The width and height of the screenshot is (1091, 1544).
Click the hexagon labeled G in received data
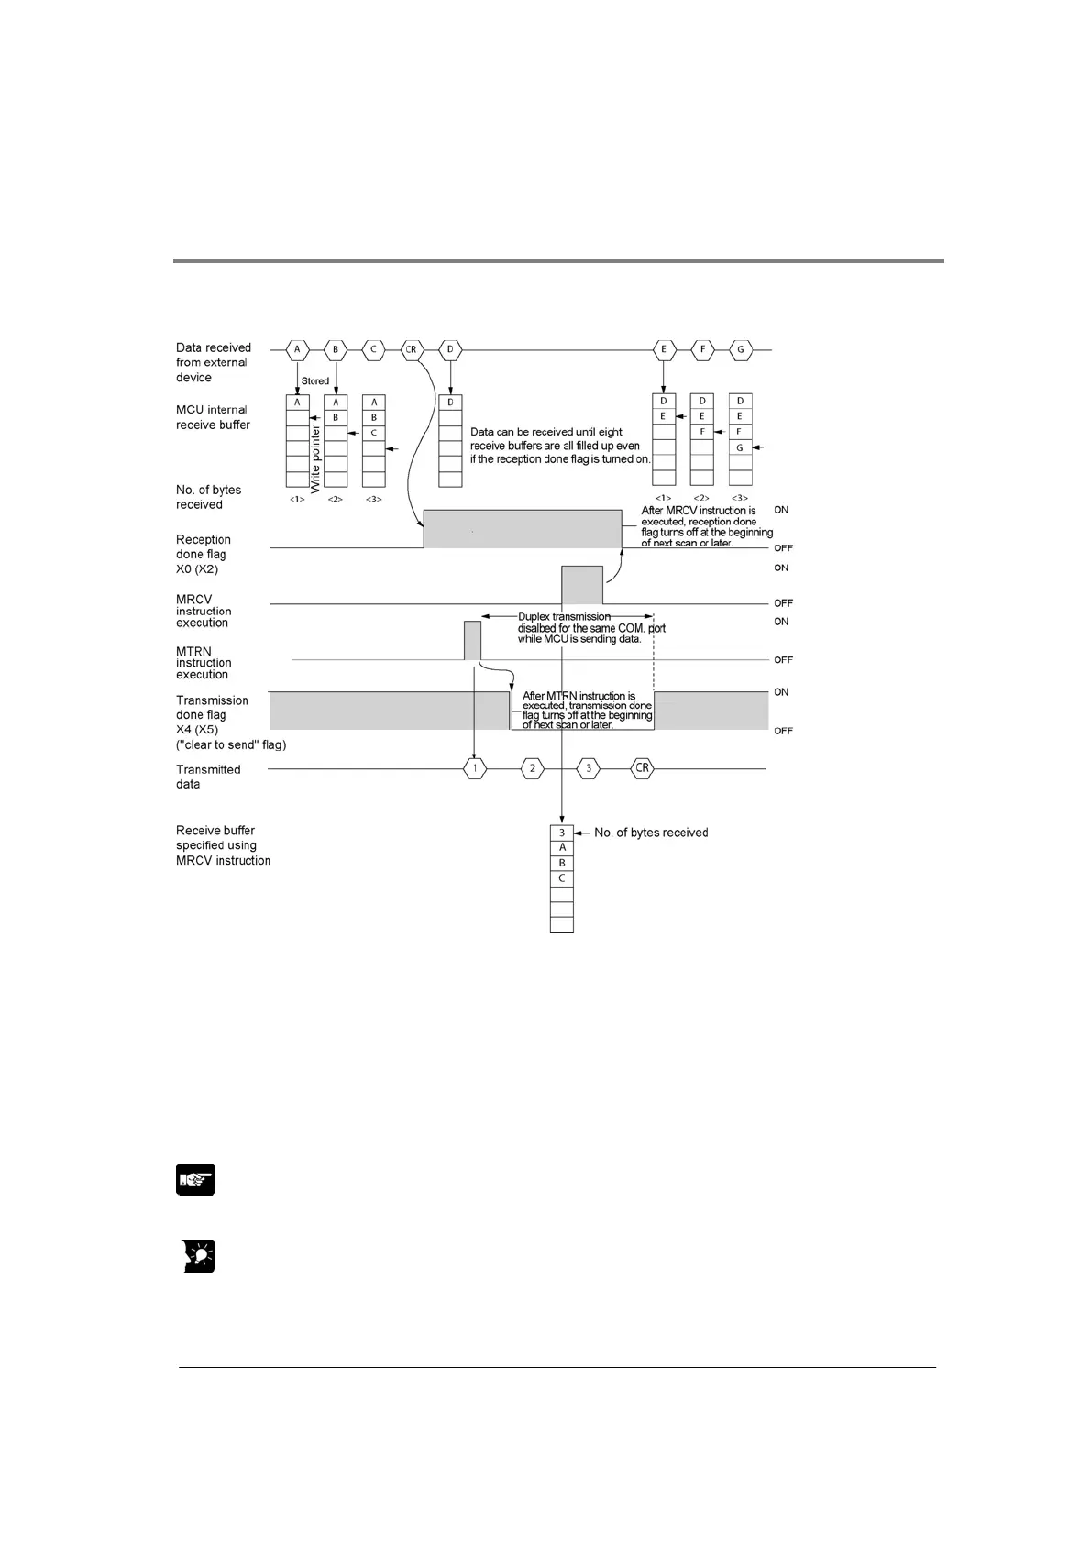(740, 349)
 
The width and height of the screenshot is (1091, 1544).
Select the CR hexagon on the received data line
(412, 349)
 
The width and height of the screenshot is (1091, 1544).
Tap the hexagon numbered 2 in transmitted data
(532, 768)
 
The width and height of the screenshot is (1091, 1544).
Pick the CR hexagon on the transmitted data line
(643, 768)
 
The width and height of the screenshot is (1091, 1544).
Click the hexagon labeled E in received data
(663, 349)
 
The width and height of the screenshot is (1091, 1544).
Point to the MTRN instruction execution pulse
(472, 640)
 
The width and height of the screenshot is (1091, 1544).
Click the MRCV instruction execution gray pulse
(582, 585)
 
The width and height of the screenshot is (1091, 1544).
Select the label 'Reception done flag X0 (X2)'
(203, 554)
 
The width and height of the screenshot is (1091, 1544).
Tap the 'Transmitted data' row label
(208, 777)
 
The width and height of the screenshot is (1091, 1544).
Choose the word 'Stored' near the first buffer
(315, 380)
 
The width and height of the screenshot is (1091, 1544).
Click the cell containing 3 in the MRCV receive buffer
(562, 833)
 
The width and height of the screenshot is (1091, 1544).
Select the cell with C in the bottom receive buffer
(562, 878)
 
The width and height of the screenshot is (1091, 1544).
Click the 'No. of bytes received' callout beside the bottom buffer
(651, 833)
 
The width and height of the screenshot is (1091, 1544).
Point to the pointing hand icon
(194, 1180)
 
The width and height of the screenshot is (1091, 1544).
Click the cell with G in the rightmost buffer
(740, 447)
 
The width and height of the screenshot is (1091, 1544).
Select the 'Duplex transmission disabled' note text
(591, 628)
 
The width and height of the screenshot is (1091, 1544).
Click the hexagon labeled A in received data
(297, 349)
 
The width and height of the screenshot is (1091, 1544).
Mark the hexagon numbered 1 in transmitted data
(474, 768)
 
